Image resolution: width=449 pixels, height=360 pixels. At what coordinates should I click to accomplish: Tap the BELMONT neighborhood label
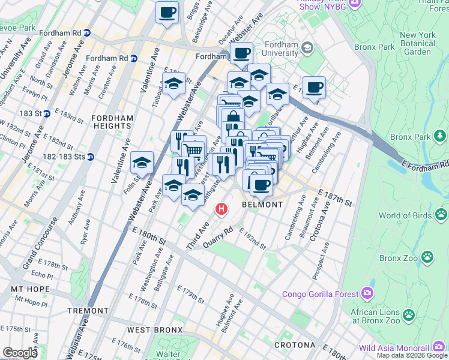point(262,205)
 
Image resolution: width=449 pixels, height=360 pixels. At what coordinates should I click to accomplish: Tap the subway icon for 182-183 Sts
point(90,157)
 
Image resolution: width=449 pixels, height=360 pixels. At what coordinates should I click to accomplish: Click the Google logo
point(20,353)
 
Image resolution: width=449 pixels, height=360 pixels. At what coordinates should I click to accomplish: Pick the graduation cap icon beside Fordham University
point(307,47)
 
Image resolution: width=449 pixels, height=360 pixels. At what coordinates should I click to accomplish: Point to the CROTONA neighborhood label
point(295,345)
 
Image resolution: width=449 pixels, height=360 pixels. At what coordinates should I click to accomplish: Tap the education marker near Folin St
point(142,163)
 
